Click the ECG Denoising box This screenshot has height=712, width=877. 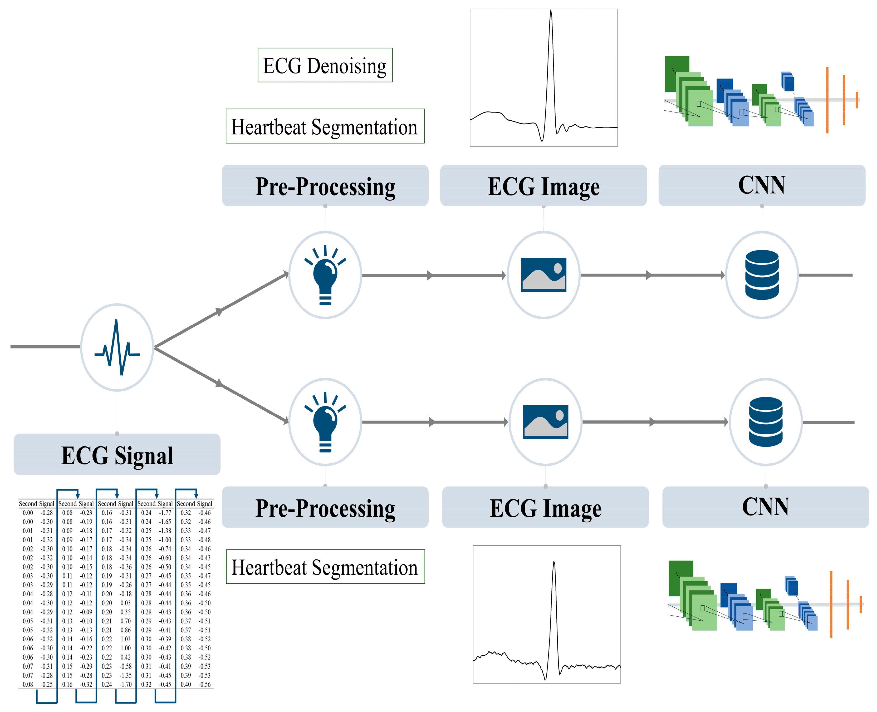pyautogui.click(x=325, y=65)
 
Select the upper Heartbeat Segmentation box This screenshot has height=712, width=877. pyautogui.click(x=325, y=126)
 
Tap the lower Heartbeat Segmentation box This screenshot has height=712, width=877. pyautogui.click(x=325, y=566)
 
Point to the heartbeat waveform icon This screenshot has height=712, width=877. pyautogui.click(x=117, y=347)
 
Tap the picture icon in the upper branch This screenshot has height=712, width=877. pyautogui.click(x=543, y=275)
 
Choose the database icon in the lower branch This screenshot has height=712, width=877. pyautogui.click(x=766, y=422)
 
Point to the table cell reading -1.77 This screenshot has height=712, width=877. pyautogui.click(x=165, y=513)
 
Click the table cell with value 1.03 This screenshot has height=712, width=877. pyautogui.click(x=125, y=639)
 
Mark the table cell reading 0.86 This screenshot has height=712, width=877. pyautogui.click(x=125, y=630)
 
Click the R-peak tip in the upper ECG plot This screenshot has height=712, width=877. pyautogui.click(x=551, y=10)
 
